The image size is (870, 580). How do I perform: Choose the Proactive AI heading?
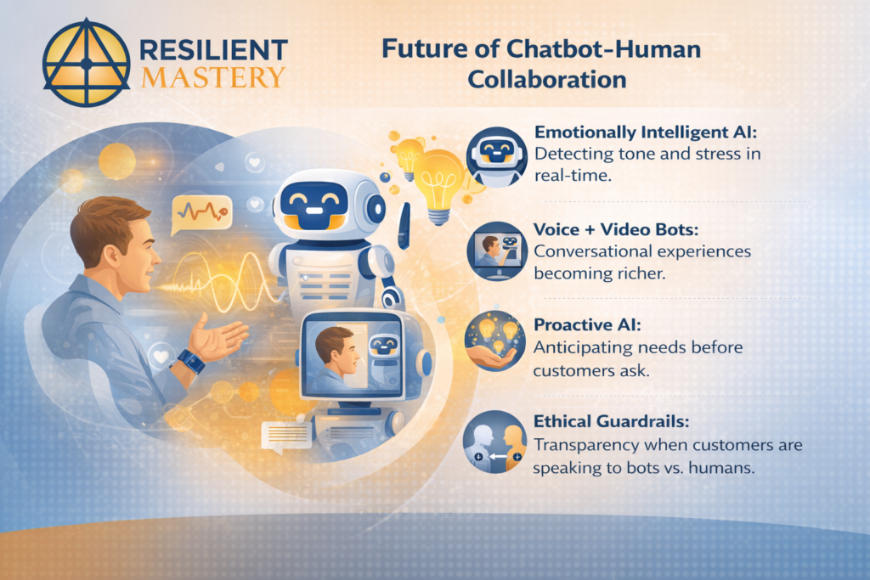(580, 324)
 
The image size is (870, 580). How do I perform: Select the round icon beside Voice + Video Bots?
(496, 251)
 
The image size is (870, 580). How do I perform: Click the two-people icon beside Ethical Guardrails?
(496, 442)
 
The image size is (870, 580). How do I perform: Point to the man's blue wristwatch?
(190, 361)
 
